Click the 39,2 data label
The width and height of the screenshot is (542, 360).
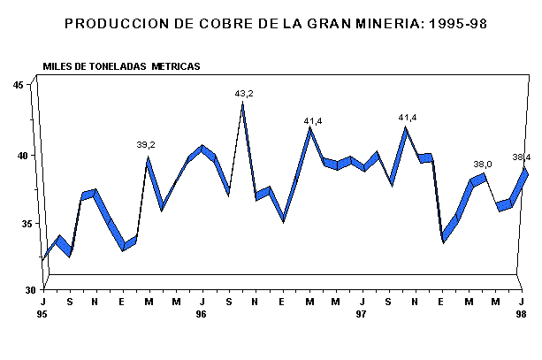click(x=146, y=145)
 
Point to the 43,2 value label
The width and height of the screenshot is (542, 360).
click(x=243, y=93)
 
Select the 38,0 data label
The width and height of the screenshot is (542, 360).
click(x=483, y=165)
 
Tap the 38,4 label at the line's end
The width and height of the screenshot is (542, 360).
click(x=522, y=157)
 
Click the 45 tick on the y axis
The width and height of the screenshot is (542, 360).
click(x=18, y=85)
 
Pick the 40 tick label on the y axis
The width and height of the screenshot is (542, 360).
click(x=18, y=156)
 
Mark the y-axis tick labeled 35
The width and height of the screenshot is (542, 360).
click(x=18, y=224)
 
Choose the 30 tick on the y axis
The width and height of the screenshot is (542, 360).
click(x=19, y=290)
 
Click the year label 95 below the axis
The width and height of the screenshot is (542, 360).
click(x=43, y=314)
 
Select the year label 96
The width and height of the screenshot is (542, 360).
click(x=202, y=314)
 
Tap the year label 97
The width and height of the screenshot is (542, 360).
click(x=361, y=314)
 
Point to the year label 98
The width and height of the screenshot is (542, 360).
click(x=521, y=314)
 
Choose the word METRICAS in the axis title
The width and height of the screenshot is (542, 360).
click(x=175, y=66)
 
